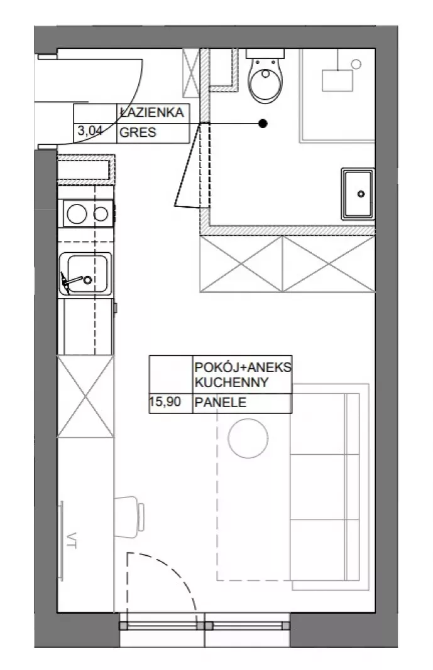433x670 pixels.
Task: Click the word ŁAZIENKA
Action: pyautogui.click(x=152, y=113)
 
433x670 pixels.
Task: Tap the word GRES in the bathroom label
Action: pyautogui.click(x=138, y=132)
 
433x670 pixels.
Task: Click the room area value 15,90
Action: pyautogui.click(x=165, y=401)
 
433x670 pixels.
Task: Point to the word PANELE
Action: pyautogui.click(x=221, y=402)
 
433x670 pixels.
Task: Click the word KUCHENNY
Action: pyautogui.click(x=231, y=382)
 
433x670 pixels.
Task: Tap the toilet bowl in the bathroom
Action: pyautogui.click(x=265, y=80)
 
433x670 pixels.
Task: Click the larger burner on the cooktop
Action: pyautogui.click(x=77, y=214)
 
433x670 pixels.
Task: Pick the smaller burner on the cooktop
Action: pyautogui.click(x=101, y=214)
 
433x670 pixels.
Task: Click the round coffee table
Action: pyautogui.click(x=248, y=439)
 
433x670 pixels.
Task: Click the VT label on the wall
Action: pyautogui.click(x=72, y=540)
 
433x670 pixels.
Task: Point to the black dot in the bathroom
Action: pyautogui.click(x=263, y=124)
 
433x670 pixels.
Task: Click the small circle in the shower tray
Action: pyautogui.click(x=356, y=64)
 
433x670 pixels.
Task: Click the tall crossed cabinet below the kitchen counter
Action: pyautogui.click(x=86, y=396)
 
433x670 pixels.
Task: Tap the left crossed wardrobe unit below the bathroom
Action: pyautogui.click(x=241, y=264)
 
